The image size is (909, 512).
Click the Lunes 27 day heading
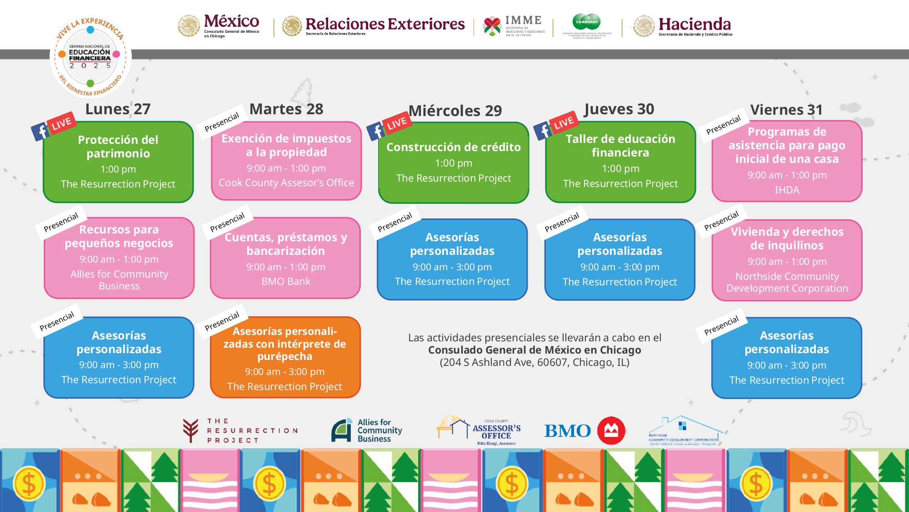[118, 109]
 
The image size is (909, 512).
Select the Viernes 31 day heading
[786, 110]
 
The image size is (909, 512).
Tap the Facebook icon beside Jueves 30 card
[543, 131]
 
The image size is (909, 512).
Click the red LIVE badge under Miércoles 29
[397, 123]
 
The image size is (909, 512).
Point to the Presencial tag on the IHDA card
[723, 125]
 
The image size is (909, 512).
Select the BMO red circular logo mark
[611, 431]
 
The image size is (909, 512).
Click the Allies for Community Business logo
[367, 431]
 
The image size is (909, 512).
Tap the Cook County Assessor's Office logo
[479, 431]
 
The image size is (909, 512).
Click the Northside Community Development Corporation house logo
[684, 431]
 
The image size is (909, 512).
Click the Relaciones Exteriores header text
[385, 24]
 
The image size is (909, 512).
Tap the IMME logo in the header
[514, 26]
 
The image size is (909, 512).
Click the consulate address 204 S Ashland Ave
[534, 363]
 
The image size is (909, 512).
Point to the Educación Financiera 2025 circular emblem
[90, 57]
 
